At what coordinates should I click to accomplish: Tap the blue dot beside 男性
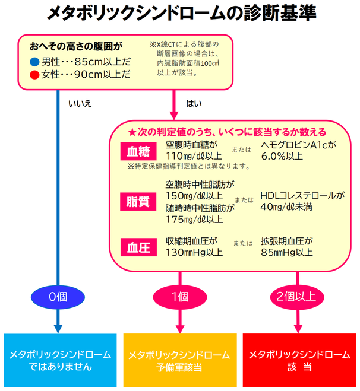coord(34,62)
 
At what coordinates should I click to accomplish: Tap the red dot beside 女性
coord(34,75)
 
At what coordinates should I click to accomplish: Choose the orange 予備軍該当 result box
coord(179,361)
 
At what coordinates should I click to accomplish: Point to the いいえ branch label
coord(80,104)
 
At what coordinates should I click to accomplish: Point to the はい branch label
coord(194,104)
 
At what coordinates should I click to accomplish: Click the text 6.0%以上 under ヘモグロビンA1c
coord(283,156)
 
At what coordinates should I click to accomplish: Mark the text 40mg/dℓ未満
coord(287,207)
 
